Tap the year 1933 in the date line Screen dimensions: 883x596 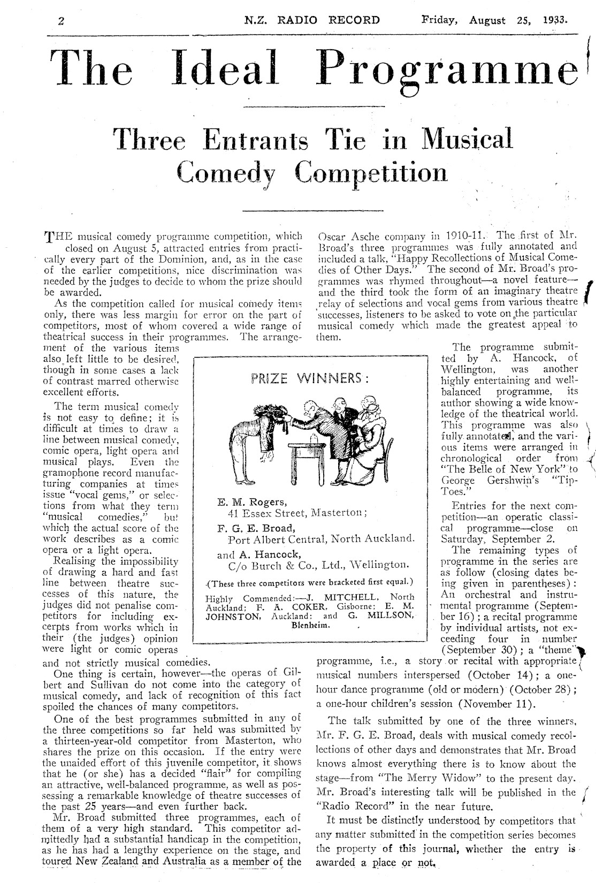click(x=554, y=21)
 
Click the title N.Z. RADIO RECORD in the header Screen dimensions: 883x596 click(x=312, y=20)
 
